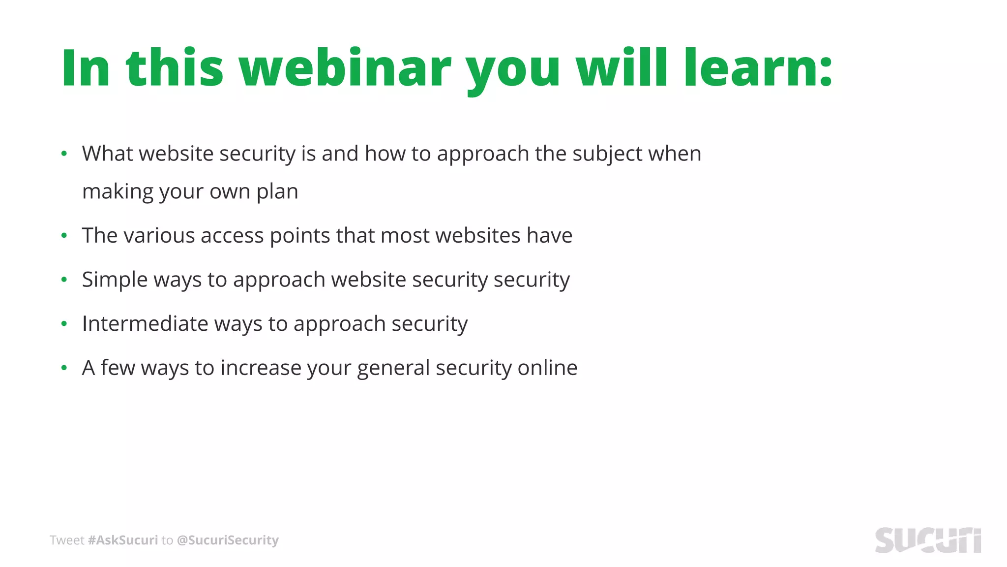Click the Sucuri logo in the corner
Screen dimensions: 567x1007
pos(927,540)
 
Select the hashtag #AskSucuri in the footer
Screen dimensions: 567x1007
pos(123,540)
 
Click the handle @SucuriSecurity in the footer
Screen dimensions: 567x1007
pos(227,540)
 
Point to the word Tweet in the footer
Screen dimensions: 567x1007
pos(67,540)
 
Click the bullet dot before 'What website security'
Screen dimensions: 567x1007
pos(64,154)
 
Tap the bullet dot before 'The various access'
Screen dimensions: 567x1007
pos(64,236)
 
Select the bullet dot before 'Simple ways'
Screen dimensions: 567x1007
pos(64,280)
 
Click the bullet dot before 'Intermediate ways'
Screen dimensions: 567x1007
pos(64,324)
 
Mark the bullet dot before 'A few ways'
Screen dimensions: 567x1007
pos(64,368)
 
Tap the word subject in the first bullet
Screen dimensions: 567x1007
pos(607,154)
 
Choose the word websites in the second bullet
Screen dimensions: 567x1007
pos(477,236)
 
